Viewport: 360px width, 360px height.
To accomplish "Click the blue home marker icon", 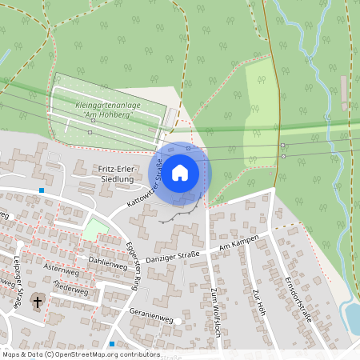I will click(180, 172).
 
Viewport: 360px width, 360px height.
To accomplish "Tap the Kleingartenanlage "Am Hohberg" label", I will click(103, 110).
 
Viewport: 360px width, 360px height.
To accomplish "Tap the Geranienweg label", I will click(151, 318).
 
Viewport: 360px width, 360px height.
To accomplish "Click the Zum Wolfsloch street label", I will click(214, 313).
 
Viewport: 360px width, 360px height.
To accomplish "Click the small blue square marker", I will click(42, 190).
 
